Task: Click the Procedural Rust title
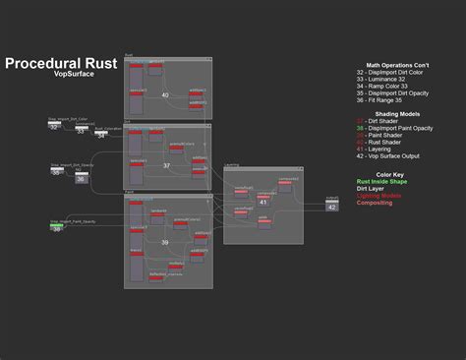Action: click(x=61, y=63)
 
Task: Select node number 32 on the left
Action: click(x=54, y=127)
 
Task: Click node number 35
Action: click(x=56, y=172)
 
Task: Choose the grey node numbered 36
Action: click(x=81, y=179)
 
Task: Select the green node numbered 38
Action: click(x=57, y=228)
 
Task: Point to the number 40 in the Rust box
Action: click(x=165, y=95)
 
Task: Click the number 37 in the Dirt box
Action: click(x=166, y=165)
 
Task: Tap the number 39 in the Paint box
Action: click(x=164, y=242)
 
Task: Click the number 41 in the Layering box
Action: click(x=263, y=202)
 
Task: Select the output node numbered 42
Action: click(x=332, y=207)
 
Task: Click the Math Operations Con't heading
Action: click(x=398, y=66)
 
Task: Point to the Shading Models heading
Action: click(x=398, y=114)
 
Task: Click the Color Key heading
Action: click(x=398, y=173)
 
